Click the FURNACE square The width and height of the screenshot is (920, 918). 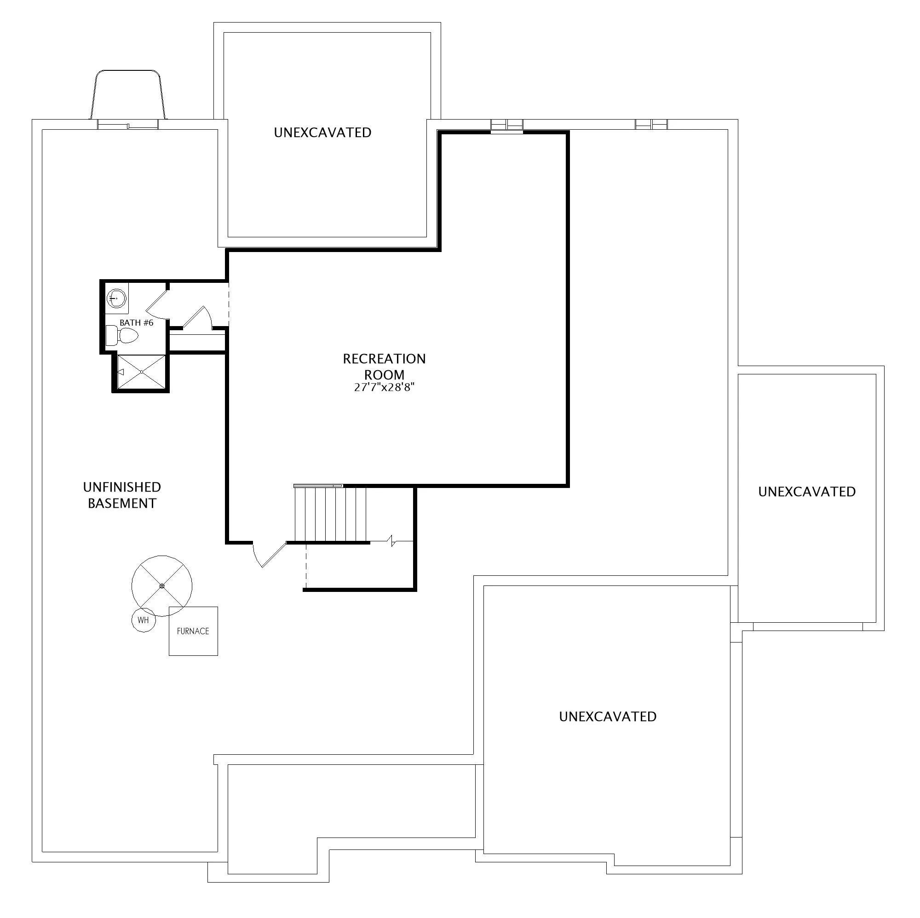pyautogui.click(x=193, y=631)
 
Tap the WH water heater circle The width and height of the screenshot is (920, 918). pyautogui.click(x=144, y=620)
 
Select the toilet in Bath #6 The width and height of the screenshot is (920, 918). pyautogui.click(x=121, y=337)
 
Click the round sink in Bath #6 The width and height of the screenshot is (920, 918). pyautogui.click(x=117, y=298)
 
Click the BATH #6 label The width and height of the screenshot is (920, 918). pyautogui.click(x=136, y=323)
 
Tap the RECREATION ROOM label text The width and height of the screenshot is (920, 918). pyautogui.click(x=384, y=367)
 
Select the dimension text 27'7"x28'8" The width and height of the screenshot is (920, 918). pyautogui.click(x=384, y=388)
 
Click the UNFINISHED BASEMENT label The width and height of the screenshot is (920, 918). pyautogui.click(x=122, y=495)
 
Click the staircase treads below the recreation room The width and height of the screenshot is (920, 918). pyautogui.click(x=330, y=514)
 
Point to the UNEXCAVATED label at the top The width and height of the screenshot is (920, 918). pyautogui.click(x=322, y=132)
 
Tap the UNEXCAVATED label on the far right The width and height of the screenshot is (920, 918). pyautogui.click(x=807, y=491)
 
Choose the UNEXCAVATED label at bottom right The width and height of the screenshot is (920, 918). pyautogui.click(x=608, y=717)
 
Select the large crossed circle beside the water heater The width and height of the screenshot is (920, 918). pyautogui.click(x=162, y=586)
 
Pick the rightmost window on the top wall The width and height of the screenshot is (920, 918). pyautogui.click(x=651, y=124)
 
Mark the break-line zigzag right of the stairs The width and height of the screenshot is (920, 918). pyautogui.click(x=392, y=541)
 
